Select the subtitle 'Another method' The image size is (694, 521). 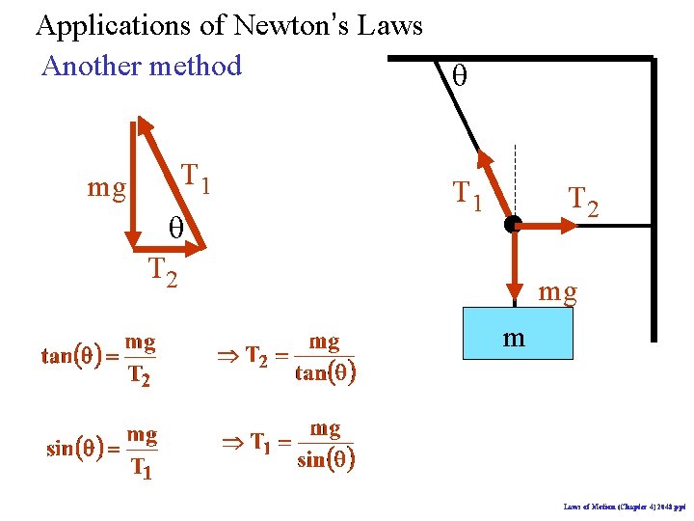coord(142,66)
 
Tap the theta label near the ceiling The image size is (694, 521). coord(459,77)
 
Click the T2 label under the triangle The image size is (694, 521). coord(162,273)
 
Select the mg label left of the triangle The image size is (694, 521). coord(107,187)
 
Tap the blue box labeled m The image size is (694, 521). coord(518,334)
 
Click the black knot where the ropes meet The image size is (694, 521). coord(513,225)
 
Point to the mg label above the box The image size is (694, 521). coord(558,290)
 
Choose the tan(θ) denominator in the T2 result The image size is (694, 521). coord(326,373)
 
